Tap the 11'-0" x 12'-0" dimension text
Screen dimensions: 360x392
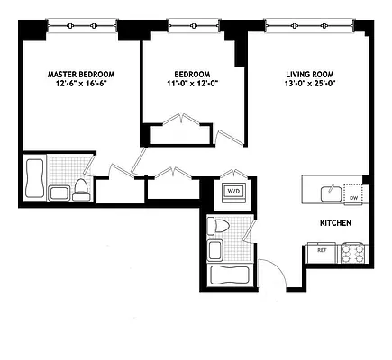[192, 85]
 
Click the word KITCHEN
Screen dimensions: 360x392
[335, 222]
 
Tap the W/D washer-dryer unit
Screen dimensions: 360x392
[232, 192]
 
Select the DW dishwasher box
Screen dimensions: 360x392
[353, 198]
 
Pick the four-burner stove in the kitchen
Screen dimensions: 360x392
[351, 253]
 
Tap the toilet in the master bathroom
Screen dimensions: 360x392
[81, 188]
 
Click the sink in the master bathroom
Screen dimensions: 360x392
[60, 193]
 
